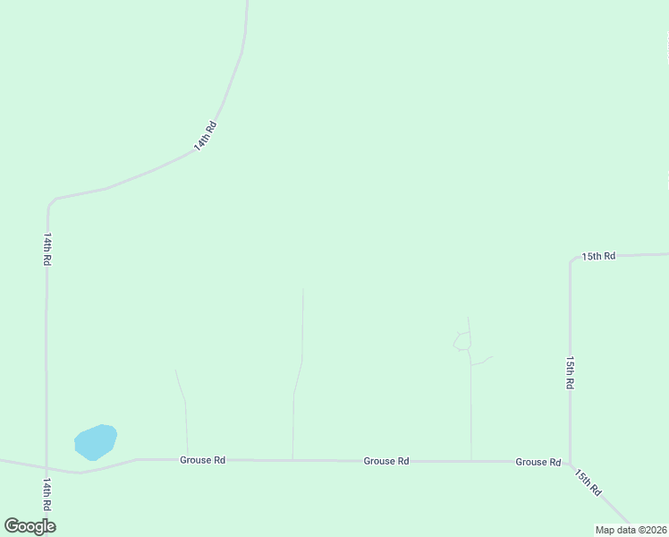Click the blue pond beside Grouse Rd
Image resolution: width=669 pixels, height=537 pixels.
tap(96, 441)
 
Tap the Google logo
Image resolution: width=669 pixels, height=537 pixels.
tap(30, 526)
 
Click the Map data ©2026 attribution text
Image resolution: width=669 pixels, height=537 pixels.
tap(631, 530)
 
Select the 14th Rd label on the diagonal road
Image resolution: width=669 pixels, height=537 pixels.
tap(206, 136)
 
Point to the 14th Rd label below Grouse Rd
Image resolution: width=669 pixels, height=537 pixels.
tap(47, 494)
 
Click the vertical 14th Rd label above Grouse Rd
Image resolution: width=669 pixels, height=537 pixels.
tap(47, 249)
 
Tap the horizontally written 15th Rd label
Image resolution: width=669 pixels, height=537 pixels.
tap(598, 256)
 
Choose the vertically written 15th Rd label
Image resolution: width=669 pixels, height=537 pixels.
tap(570, 371)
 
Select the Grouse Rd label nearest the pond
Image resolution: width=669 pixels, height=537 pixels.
tap(202, 460)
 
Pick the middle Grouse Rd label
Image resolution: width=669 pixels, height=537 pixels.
tap(386, 461)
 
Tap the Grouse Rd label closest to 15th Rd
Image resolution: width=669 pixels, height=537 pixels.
tap(538, 462)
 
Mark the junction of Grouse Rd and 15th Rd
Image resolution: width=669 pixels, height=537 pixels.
tap(570, 463)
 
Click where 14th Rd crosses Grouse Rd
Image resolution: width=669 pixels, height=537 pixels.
tap(47, 467)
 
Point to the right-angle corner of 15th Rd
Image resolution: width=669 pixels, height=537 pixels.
tap(571, 261)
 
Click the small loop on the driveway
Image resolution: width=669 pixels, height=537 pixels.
tap(462, 341)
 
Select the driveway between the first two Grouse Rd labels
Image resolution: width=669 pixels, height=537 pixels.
tap(295, 394)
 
